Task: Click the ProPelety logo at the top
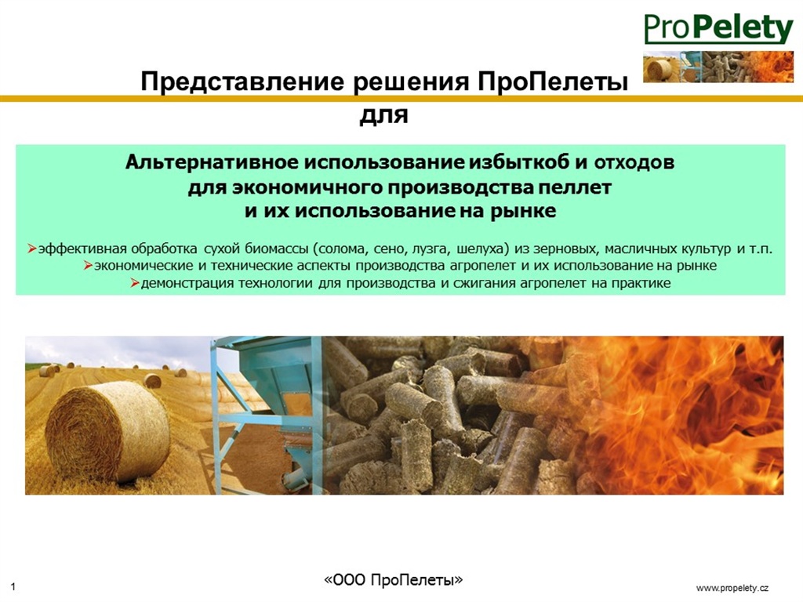[718, 28]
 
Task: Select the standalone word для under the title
[383, 115]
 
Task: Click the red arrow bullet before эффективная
[31, 249]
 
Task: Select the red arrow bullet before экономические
[88, 267]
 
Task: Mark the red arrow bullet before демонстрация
[135, 283]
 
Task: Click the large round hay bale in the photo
[107, 431]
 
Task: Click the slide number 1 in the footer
[13, 587]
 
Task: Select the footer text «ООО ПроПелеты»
[394, 579]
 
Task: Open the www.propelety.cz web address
[732, 588]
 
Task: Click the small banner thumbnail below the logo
[718, 67]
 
